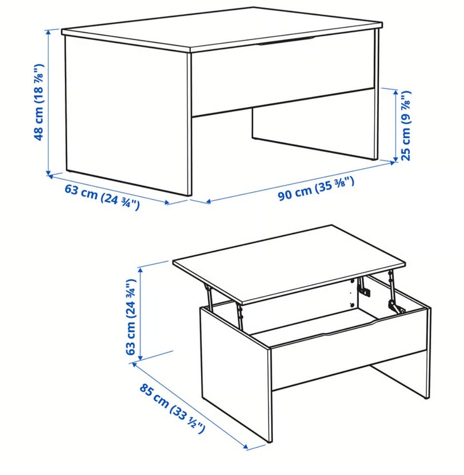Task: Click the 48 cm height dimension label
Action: click(x=39, y=102)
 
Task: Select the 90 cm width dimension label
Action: click(x=316, y=189)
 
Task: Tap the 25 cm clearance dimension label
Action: click(x=406, y=126)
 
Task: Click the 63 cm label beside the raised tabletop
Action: click(x=130, y=317)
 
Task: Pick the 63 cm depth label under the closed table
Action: click(x=102, y=197)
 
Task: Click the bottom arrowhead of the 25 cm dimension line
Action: click(x=395, y=159)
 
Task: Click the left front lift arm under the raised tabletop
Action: click(x=209, y=296)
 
